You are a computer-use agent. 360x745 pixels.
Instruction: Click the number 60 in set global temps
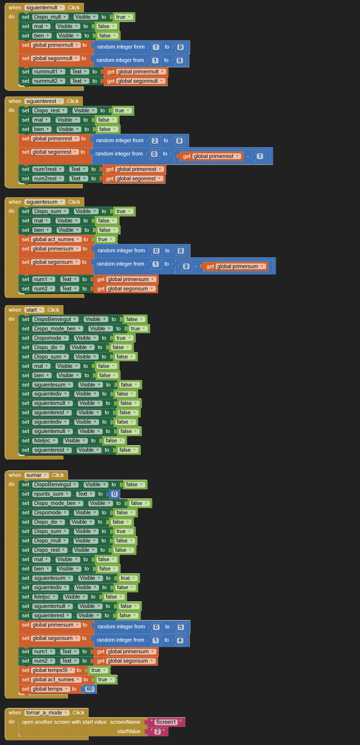(89, 689)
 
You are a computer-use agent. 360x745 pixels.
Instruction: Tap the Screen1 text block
(166, 722)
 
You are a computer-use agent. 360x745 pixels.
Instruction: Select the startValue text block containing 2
(158, 731)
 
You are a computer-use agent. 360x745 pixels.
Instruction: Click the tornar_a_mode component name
(44, 713)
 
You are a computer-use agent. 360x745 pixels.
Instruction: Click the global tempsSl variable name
(50, 670)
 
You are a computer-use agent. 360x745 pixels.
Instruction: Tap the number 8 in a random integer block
(181, 251)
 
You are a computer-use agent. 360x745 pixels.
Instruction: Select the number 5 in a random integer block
(181, 627)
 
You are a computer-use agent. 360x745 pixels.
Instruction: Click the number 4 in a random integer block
(180, 640)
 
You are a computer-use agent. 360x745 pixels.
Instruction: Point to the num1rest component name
(45, 169)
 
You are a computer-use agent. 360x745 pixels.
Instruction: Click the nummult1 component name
(46, 72)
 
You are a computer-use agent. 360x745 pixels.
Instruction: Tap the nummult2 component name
(46, 81)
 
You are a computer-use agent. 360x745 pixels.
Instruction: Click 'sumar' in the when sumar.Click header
(34, 475)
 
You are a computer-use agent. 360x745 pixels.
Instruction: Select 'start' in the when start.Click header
(32, 310)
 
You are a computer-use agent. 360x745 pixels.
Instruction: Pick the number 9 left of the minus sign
(186, 266)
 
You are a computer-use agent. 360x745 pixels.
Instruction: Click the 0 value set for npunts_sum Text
(114, 494)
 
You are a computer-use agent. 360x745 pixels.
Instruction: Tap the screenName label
(125, 722)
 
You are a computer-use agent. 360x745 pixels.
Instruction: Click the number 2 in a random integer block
(155, 141)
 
